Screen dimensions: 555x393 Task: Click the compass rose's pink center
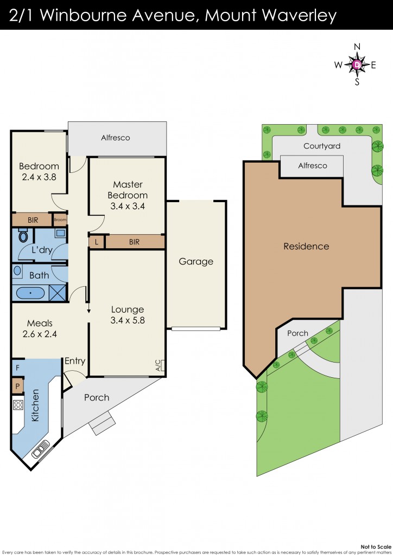pos(357,65)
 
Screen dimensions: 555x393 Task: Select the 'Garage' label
pos(196,262)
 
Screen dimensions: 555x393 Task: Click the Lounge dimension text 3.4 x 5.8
pos(127,320)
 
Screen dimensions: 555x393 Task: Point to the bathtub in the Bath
pos(30,293)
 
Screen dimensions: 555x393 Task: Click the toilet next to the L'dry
pos(23,236)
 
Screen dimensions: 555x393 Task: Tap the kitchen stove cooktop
pos(17,404)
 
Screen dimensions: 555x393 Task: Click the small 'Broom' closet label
pos(60,220)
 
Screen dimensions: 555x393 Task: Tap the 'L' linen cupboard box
pos(97,242)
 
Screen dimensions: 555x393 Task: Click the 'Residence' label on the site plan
pos(306,247)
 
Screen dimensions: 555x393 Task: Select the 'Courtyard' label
pos(322,146)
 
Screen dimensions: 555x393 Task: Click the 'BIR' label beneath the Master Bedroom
pos(135,242)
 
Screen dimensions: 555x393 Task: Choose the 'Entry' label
pos(75,362)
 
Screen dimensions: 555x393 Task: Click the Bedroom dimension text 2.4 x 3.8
pos(39,176)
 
